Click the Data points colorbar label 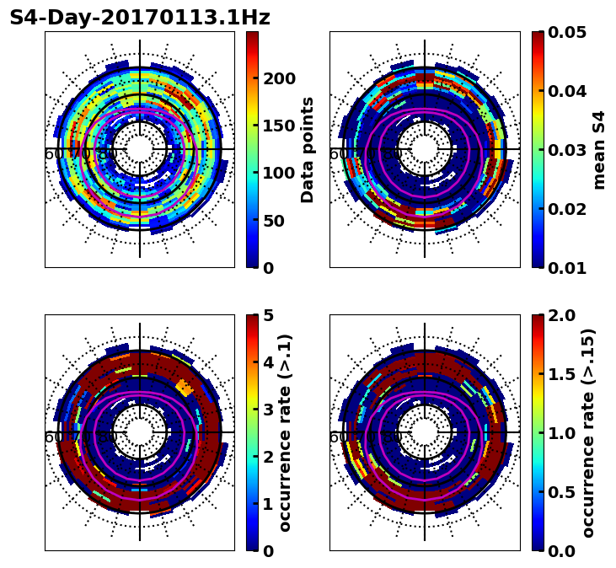(308, 149)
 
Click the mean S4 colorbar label (599, 149)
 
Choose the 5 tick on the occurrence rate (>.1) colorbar (267, 315)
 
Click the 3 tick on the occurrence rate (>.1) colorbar (267, 410)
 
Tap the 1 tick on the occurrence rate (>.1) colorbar (267, 504)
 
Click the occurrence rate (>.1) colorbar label (285, 432)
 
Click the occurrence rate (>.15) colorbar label (588, 432)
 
